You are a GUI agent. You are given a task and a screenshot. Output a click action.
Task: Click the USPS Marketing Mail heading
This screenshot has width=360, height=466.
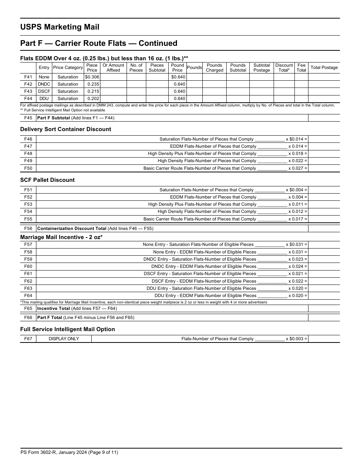(x=60, y=27)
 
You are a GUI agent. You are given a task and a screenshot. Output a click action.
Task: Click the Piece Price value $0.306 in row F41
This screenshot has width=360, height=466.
(x=92, y=77)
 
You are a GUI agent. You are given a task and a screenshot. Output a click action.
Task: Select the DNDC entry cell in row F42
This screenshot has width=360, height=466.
(x=44, y=84)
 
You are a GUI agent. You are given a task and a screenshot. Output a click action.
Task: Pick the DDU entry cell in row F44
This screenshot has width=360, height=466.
(x=44, y=99)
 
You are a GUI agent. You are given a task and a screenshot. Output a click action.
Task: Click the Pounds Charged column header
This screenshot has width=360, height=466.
(x=214, y=67)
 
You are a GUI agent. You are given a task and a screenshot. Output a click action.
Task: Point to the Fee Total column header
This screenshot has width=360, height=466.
(x=301, y=67)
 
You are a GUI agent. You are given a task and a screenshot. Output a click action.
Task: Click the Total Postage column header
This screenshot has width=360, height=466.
(x=324, y=67)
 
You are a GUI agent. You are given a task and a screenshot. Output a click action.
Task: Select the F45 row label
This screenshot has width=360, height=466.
(x=28, y=118)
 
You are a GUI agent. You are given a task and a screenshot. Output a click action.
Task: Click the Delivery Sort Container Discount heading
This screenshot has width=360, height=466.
(x=66, y=129)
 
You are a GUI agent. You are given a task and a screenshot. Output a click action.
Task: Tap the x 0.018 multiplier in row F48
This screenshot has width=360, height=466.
(x=297, y=153)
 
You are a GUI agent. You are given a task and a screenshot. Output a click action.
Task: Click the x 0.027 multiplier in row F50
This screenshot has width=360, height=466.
(x=297, y=168)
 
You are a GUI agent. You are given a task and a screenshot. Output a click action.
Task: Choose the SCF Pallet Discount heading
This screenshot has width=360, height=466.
(x=47, y=180)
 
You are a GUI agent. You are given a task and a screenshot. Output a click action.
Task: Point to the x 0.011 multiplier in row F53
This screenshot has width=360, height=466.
(x=297, y=204)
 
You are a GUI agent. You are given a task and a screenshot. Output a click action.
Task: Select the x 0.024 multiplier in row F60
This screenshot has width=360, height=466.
(x=297, y=266)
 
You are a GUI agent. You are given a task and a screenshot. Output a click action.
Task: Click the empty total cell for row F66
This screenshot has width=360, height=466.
(x=324, y=317)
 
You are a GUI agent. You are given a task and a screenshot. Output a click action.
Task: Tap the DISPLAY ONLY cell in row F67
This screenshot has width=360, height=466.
(x=64, y=339)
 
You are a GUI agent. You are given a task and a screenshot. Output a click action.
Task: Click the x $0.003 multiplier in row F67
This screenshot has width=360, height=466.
(x=296, y=339)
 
